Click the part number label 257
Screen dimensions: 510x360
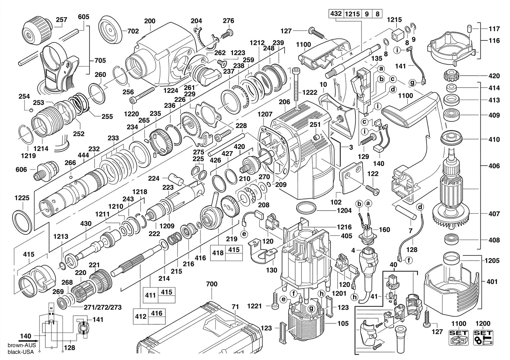point(62,20)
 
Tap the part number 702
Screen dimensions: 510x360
point(133,31)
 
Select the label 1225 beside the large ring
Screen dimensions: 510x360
point(22,198)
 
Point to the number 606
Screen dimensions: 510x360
point(21,169)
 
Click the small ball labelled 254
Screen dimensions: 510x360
point(32,110)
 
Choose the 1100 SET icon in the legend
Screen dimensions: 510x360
point(459,337)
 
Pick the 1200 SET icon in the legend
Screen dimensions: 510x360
point(483,337)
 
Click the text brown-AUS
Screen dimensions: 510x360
point(22,345)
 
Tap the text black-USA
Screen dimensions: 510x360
point(21,352)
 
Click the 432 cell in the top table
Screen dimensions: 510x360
point(336,14)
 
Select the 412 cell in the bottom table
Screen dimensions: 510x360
point(141,316)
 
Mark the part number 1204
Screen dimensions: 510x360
point(344,211)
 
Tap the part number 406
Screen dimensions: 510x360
point(494,166)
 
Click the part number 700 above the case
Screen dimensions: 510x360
point(212,284)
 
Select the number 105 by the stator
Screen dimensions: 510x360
point(343,323)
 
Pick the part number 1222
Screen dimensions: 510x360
point(310,92)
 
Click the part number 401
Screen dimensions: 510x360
point(492,282)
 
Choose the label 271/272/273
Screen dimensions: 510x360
point(103,307)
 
